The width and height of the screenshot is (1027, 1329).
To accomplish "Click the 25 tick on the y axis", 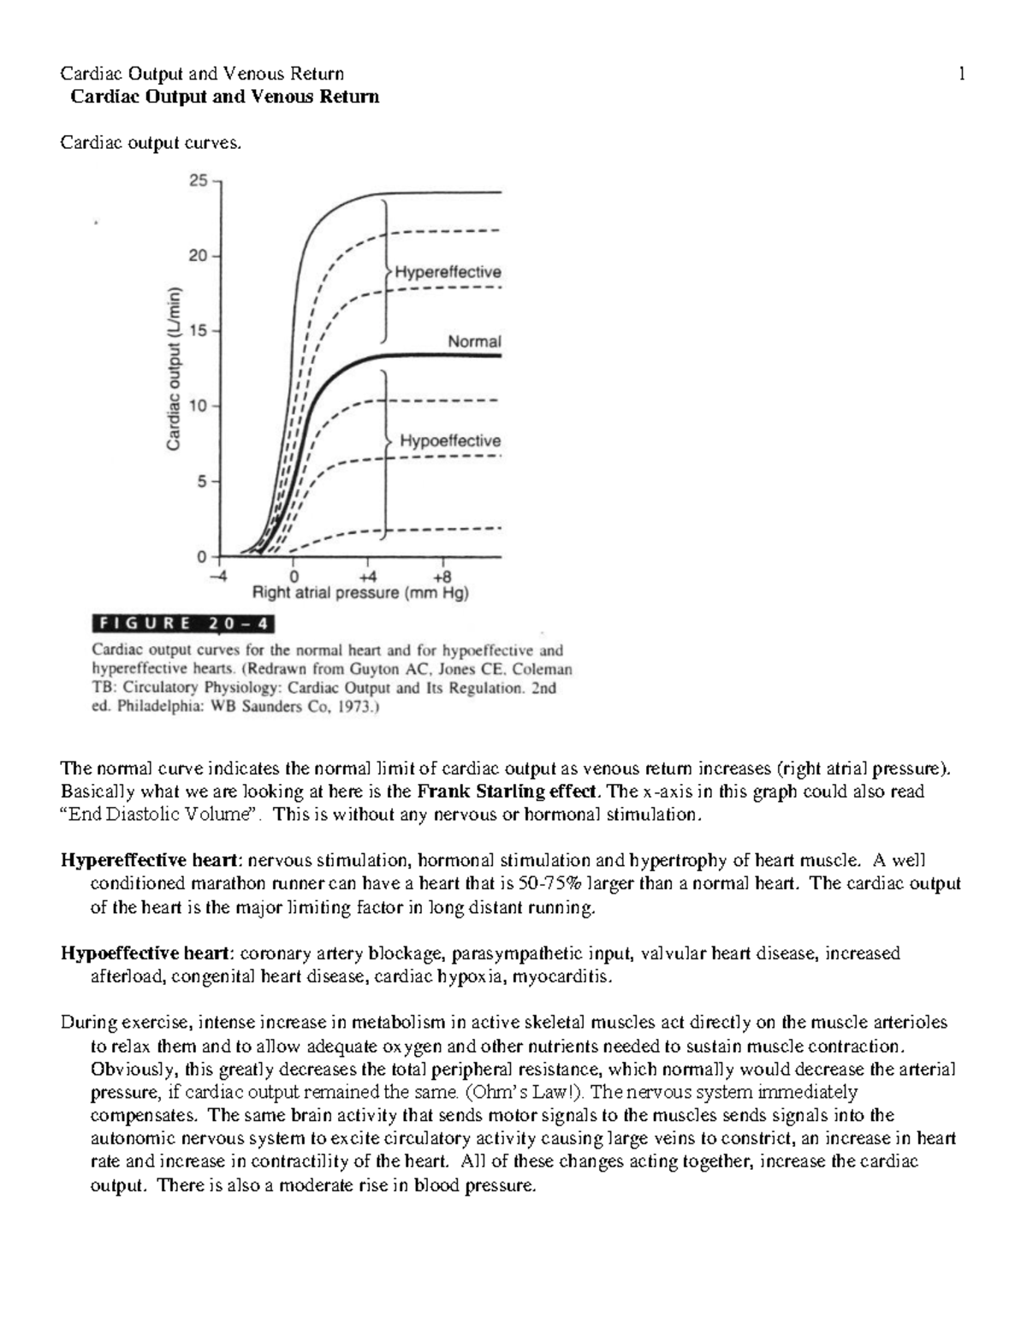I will tap(198, 181).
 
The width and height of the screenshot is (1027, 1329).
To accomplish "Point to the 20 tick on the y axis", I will tap(198, 256).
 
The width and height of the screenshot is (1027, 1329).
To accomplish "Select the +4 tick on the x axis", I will tap(365, 576).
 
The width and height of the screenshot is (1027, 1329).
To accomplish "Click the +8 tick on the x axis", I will tap(441, 576).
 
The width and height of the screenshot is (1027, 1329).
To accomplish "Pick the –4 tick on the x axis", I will tap(220, 576).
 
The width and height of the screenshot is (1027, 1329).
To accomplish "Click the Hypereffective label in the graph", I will tap(447, 272).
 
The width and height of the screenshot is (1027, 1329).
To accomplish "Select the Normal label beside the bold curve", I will tap(474, 341).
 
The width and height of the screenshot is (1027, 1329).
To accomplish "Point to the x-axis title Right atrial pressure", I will tap(359, 593).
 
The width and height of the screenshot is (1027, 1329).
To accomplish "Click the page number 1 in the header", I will tap(963, 74).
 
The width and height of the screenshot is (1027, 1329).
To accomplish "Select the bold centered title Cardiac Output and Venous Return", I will tap(224, 97).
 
